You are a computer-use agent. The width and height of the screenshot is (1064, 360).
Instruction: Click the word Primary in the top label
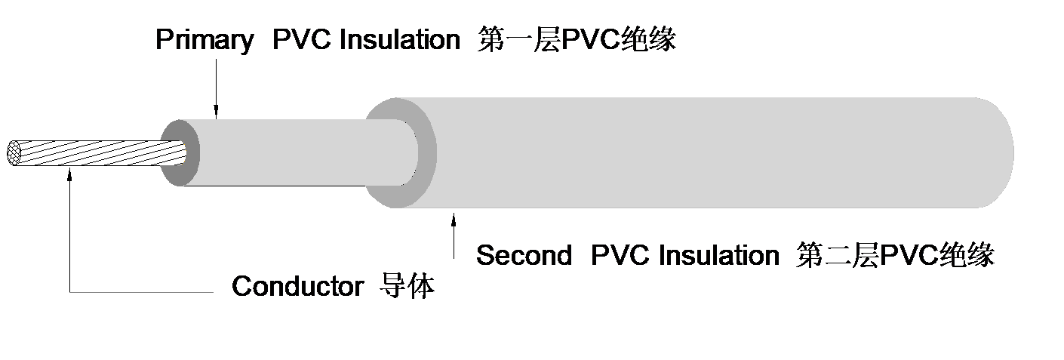click(x=204, y=40)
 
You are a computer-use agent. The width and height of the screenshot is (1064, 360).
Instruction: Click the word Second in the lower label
click(x=524, y=256)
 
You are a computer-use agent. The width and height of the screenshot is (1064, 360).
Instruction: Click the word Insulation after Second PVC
click(x=719, y=256)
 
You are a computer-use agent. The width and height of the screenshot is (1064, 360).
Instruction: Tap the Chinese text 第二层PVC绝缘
click(x=896, y=256)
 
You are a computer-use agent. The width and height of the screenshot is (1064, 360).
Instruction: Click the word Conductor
click(x=297, y=287)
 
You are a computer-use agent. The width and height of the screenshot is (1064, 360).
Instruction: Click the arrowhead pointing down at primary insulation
click(x=216, y=113)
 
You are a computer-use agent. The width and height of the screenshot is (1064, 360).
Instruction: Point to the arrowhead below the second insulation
click(x=454, y=220)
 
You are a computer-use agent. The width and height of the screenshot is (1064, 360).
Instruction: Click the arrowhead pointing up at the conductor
click(x=69, y=176)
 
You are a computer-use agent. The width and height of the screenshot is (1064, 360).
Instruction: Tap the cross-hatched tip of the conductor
click(x=14, y=153)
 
